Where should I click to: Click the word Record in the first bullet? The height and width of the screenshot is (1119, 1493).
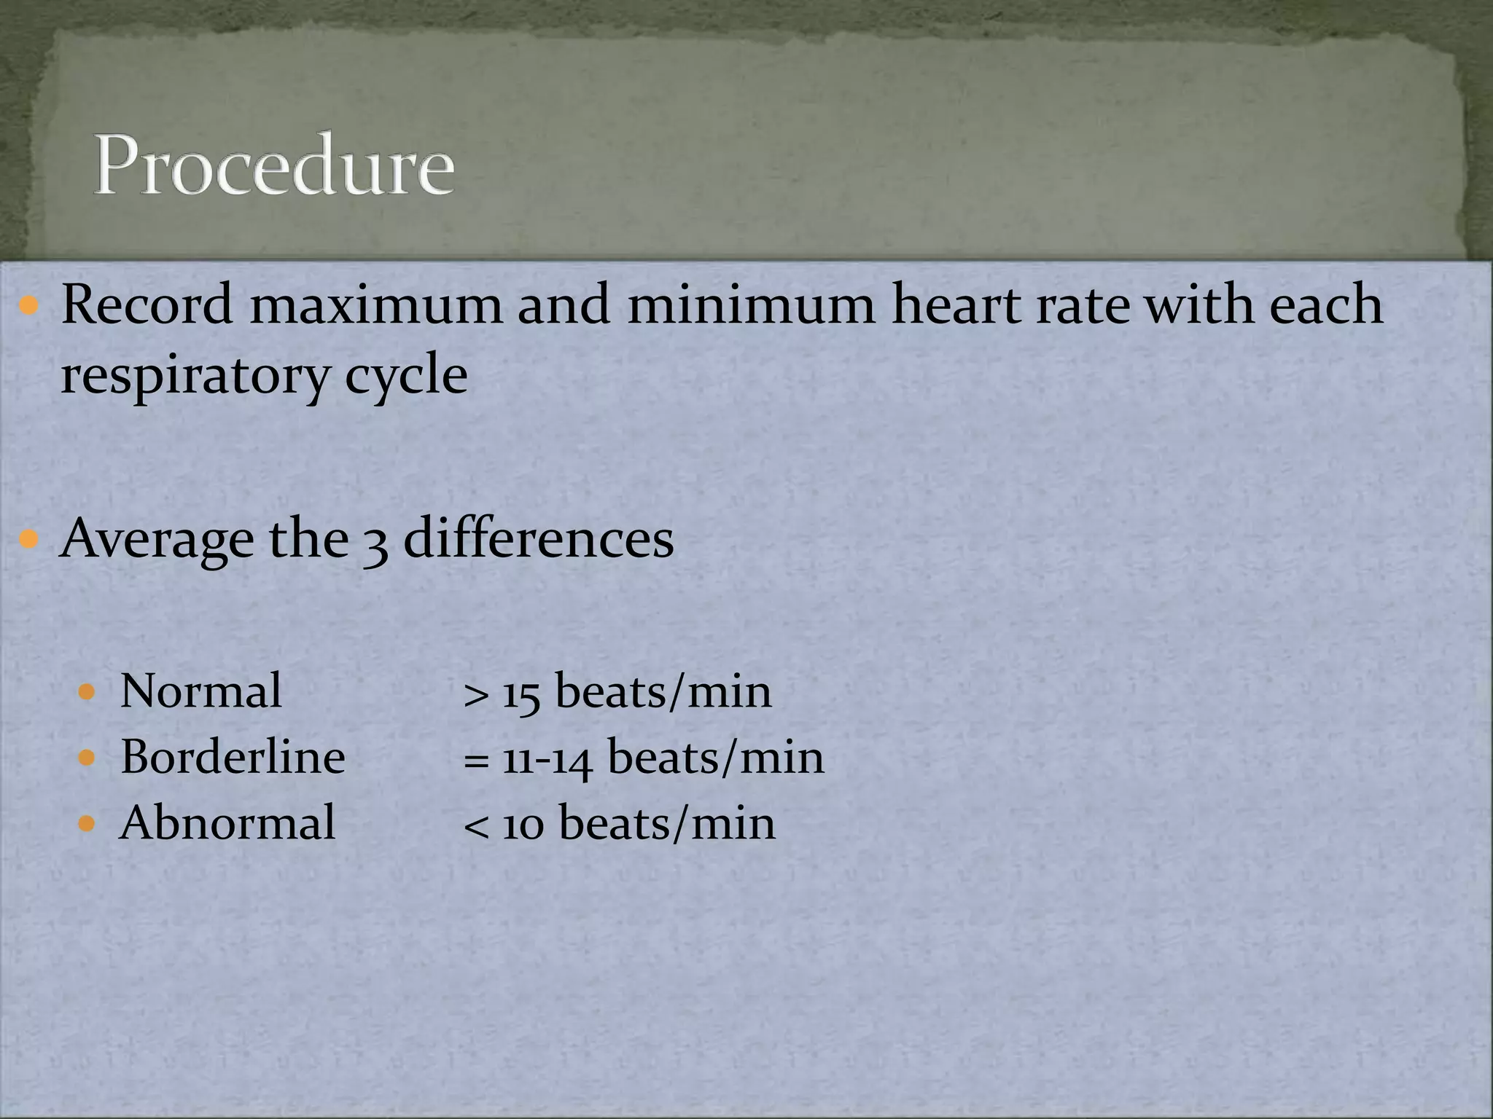pos(147,304)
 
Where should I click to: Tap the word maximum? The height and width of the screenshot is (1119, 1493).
pos(375,304)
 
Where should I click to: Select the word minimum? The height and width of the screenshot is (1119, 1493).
pos(751,304)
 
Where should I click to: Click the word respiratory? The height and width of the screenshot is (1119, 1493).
pos(194,377)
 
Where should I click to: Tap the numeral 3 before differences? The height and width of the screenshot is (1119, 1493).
pos(375,543)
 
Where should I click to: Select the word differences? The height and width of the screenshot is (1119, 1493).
pos(538,539)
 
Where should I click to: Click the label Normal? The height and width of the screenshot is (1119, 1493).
pos(200,691)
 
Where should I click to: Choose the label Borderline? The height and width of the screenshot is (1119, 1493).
pos(233,757)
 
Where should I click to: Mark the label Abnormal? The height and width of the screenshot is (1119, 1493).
pos(227,823)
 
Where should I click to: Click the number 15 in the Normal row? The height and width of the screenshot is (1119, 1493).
pos(521,692)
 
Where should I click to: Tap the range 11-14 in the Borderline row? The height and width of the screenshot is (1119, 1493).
pos(547,758)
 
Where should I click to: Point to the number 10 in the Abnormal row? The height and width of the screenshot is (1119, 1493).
pos(523,825)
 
